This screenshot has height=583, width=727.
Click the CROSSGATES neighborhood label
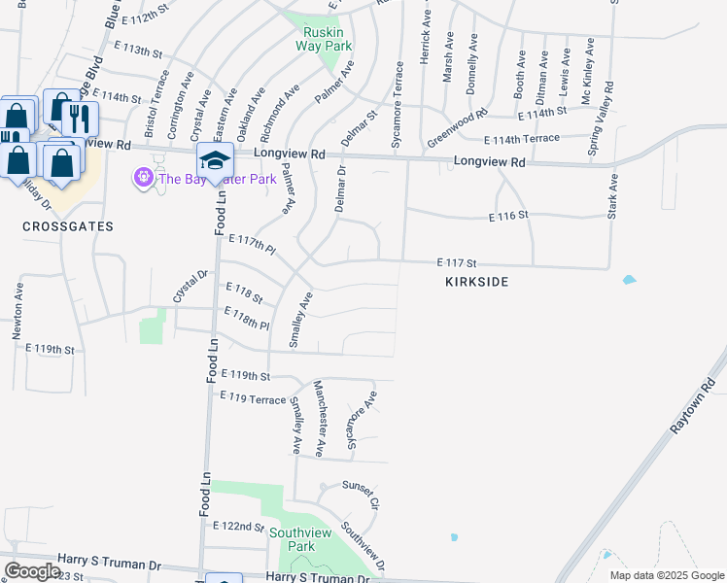pyautogui.click(x=69, y=225)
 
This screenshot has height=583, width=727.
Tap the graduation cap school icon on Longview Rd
pyautogui.click(x=215, y=160)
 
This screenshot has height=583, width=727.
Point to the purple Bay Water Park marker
pyautogui.click(x=143, y=178)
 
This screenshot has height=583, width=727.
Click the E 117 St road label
pyautogui.click(x=457, y=262)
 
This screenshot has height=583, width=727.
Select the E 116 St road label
pyautogui.click(x=508, y=214)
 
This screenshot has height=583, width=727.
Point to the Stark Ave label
pyautogui.click(x=612, y=195)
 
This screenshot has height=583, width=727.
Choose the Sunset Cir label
pyautogui.click(x=360, y=494)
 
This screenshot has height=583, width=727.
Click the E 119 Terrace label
pyautogui.click(x=254, y=397)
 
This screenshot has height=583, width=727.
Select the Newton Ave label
pyautogui.click(x=17, y=311)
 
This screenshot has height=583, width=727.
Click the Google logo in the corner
pyautogui.click(x=32, y=570)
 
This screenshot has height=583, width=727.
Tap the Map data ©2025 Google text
pyautogui.click(x=666, y=575)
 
